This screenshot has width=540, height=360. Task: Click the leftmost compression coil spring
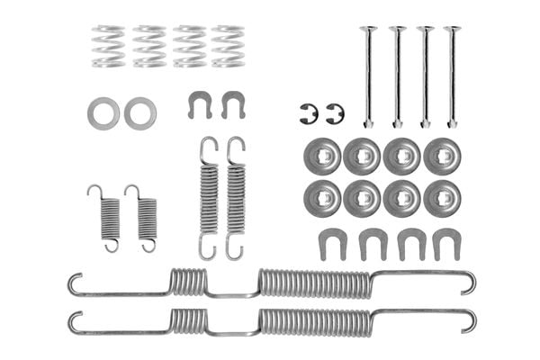click(108, 46)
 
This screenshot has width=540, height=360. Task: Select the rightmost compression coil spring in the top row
click(228, 46)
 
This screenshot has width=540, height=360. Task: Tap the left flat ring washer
click(103, 112)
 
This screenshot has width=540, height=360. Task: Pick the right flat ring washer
click(140, 112)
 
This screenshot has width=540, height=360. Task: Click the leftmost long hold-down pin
click(367, 76)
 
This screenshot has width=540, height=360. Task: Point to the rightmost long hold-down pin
click(451, 76)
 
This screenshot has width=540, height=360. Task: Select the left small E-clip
click(308, 114)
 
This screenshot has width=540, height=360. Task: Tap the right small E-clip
click(335, 114)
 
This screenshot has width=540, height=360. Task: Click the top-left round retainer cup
click(322, 157)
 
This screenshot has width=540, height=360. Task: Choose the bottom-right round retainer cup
click(442, 198)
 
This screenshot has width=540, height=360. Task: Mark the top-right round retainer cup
click(442, 157)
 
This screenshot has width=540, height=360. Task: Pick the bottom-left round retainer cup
click(322, 198)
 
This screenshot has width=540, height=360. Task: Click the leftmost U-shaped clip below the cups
click(332, 243)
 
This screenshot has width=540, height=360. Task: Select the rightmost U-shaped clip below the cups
click(446, 243)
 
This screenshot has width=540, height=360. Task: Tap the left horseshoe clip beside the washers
click(200, 103)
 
